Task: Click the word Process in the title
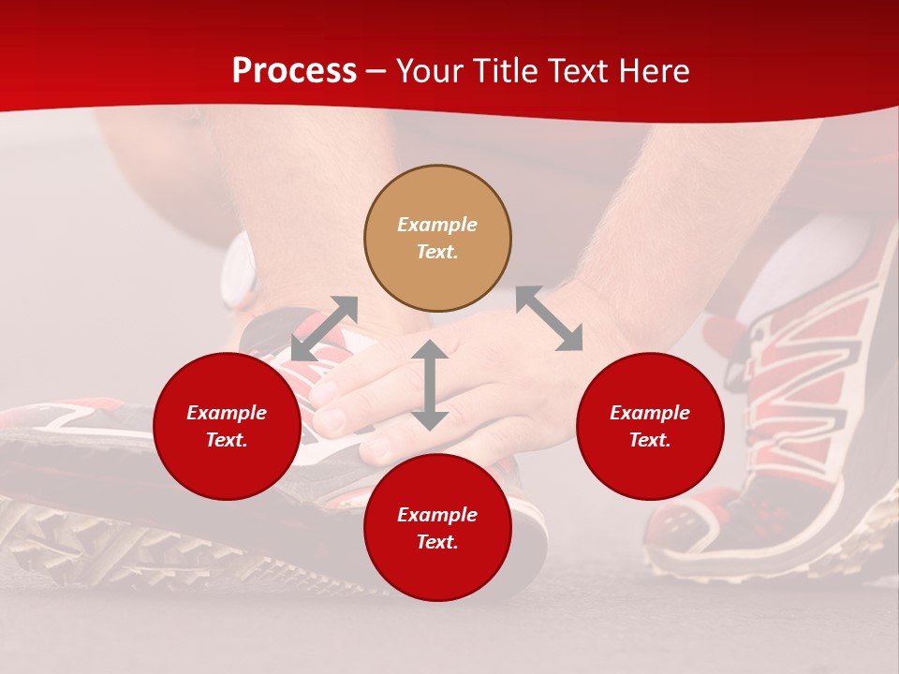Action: pos(294,71)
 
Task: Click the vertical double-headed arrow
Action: pos(430,385)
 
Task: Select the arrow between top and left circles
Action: pos(324,329)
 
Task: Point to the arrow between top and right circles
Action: pos(549,318)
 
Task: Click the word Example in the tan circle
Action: pos(437,225)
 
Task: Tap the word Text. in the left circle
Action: pos(227,440)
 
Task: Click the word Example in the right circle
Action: pos(650,413)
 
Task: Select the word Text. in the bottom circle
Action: pos(437,542)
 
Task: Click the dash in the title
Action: pos(376,72)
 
